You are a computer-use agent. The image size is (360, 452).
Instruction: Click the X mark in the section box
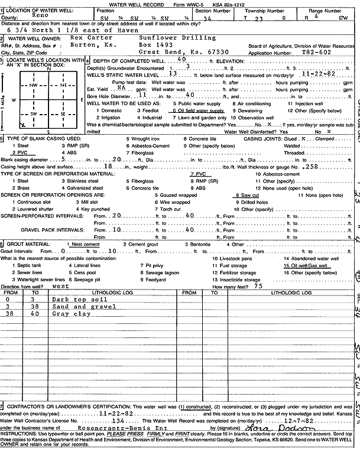(x=22, y=124)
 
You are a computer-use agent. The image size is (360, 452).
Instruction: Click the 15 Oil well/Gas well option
(x=308, y=266)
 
